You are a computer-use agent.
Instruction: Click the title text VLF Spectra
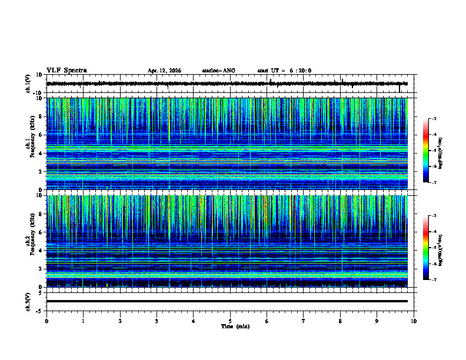coord(66,71)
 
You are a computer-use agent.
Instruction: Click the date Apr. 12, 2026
coord(164,71)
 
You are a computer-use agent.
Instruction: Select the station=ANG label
coord(218,71)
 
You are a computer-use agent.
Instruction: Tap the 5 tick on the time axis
coord(230,321)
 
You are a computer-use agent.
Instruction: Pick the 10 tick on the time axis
coord(414,321)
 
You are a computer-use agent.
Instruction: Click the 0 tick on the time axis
coord(46,321)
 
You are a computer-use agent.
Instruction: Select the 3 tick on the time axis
coord(157,321)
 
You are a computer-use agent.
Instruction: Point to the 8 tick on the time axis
coord(340,321)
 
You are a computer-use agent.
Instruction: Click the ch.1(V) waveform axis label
coord(28,84)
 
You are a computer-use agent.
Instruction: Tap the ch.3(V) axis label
coord(28,301)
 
